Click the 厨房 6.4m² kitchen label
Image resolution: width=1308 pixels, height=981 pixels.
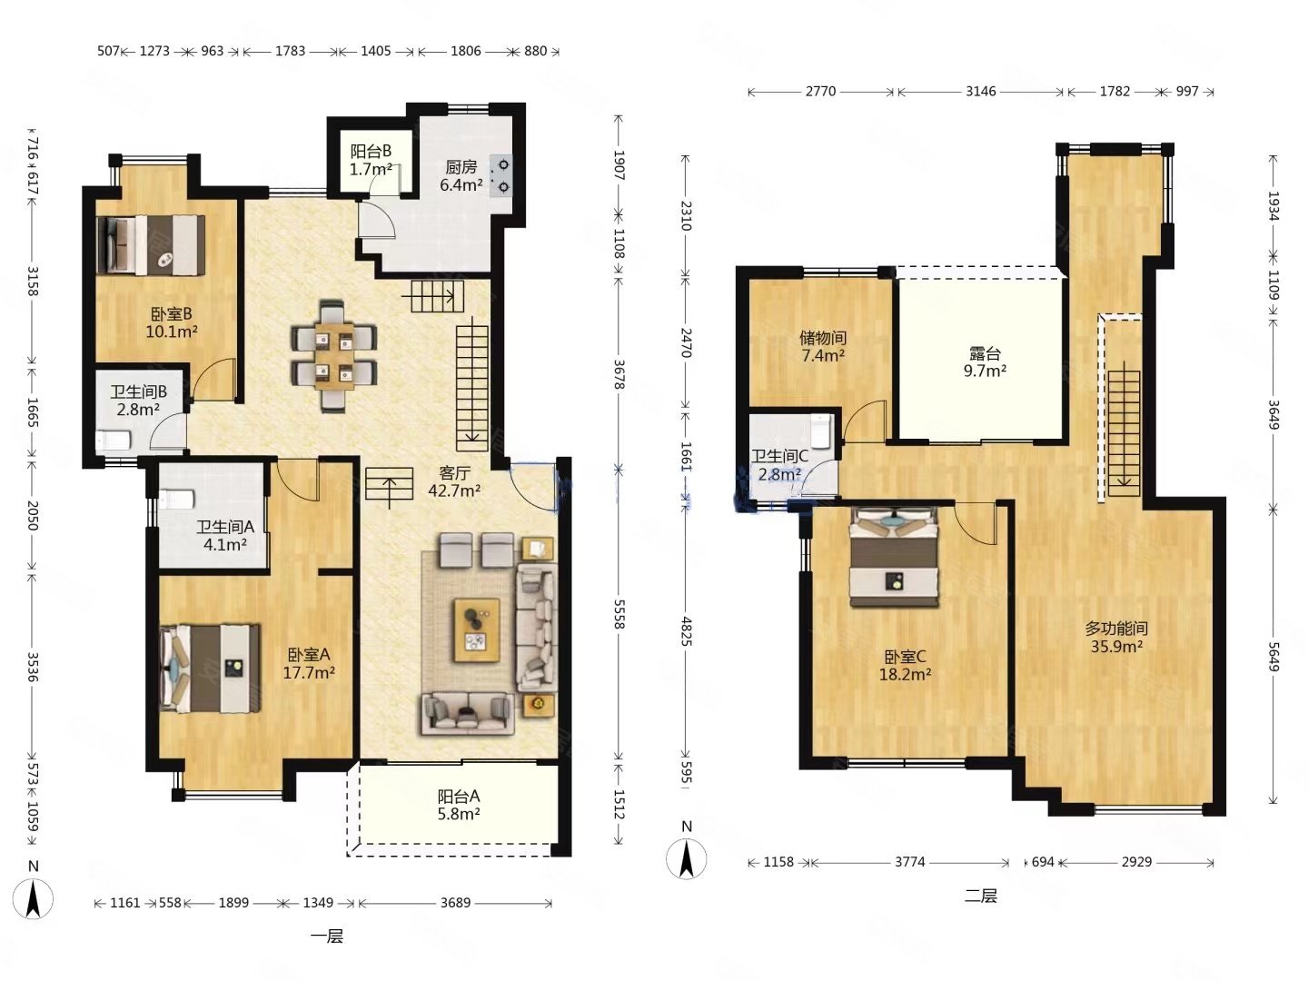461,175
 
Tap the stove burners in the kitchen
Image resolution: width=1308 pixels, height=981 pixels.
500,175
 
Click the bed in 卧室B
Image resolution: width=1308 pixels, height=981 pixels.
151,245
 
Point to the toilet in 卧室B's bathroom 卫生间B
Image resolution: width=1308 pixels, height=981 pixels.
114,441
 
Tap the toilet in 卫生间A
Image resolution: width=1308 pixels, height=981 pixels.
177,500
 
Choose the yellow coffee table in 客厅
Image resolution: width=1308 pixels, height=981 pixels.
477,630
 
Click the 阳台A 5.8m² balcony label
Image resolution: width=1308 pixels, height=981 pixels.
458,805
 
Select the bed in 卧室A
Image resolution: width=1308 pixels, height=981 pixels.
211,668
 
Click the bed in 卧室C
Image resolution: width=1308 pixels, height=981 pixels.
894,556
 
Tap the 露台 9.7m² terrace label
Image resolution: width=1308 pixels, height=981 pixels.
985,362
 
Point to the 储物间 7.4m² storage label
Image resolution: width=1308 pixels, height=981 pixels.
822,347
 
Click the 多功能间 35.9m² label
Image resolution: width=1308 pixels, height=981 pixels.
1116,637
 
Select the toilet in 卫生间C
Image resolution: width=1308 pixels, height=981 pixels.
822,431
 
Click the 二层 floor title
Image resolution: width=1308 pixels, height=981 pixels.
980,896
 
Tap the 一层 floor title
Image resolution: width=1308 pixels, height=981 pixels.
327,936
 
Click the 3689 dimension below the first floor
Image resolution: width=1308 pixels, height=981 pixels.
455,902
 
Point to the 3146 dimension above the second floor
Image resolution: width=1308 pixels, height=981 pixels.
980,91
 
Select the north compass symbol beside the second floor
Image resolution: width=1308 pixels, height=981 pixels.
687,852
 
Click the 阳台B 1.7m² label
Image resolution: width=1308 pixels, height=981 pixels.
371,160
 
